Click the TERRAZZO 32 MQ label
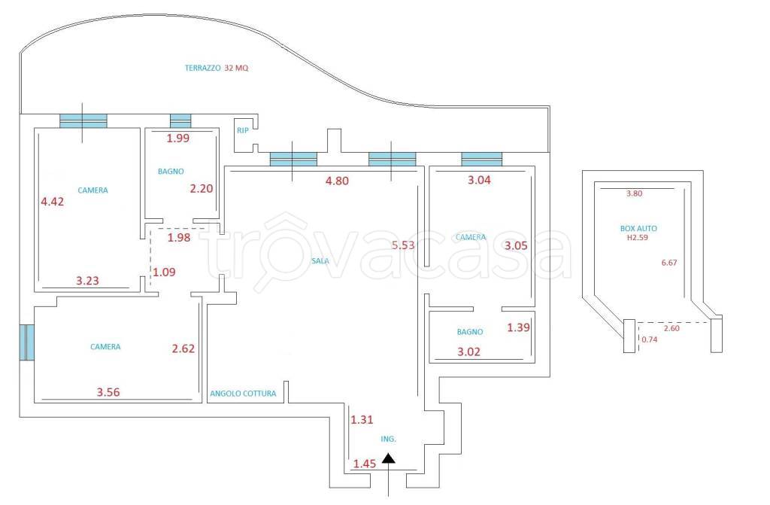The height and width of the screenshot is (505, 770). (x=217, y=68)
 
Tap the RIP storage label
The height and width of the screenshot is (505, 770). (x=243, y=131)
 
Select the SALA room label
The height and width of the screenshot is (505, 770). (x=320, y=261)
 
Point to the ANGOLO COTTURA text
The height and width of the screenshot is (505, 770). (x=243, y=394)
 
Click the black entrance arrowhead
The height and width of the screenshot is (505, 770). (x=389, y=458)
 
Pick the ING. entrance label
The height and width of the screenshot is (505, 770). (x=389, y=439)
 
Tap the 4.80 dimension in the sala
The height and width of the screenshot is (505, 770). (x=337, y=181)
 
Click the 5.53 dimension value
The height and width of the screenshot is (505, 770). (x=403, y=245)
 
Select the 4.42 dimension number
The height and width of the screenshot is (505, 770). (x=52, y=202)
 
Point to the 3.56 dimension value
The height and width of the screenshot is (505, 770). (x=108, y=392)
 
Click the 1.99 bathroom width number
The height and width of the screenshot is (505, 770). (x=177, y=138)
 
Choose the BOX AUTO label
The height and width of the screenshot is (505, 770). (x=638, y=229)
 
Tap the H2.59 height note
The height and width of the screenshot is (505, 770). (x=638, y=238)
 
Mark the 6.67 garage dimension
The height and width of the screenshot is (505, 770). (x=668, y=263)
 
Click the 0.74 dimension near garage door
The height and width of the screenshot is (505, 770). (x=649, y=339)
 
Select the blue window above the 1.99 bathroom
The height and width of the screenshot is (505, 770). (x=180, y=121)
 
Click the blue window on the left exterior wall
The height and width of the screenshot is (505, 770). (x=27, y=342)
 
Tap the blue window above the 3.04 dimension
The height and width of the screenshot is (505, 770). (x=482, y=160)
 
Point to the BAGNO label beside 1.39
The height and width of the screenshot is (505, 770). (x=470, y=332)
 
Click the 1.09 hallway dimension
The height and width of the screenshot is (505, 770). (x=164, y=272)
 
